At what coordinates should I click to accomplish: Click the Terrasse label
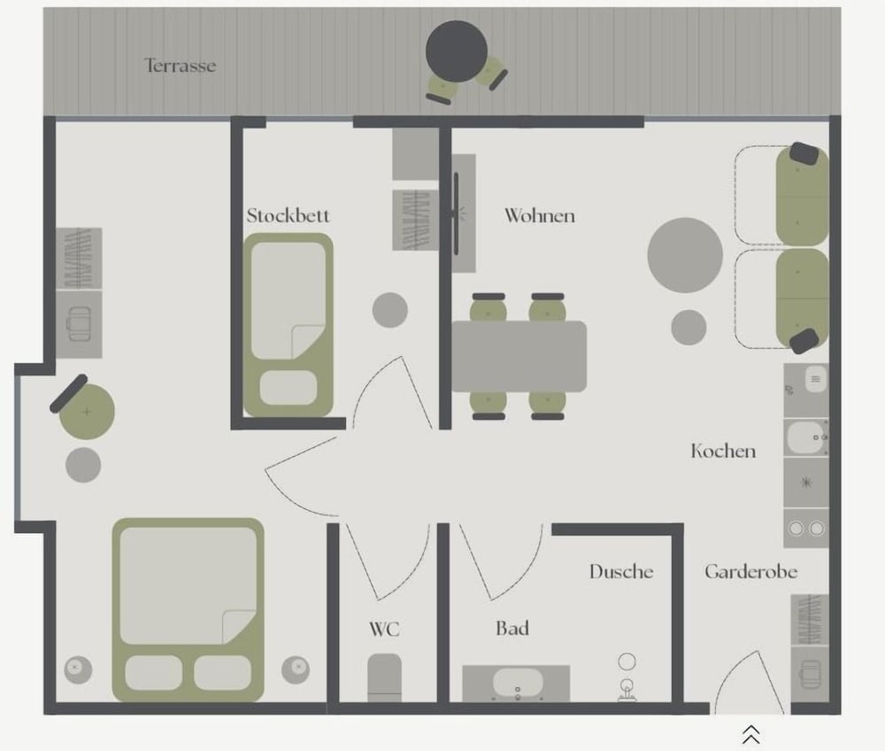180,66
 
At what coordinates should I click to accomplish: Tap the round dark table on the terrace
456,51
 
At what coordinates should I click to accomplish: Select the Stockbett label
288,215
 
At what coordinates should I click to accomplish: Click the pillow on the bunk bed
289,387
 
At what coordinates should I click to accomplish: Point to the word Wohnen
540,215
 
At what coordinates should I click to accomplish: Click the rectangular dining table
519,356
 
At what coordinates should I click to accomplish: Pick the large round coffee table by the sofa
685,255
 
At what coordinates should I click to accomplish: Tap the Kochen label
723,451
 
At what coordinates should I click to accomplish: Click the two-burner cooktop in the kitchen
806,528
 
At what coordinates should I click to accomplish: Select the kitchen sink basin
806,437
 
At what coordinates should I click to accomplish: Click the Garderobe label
750,571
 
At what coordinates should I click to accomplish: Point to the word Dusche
621,571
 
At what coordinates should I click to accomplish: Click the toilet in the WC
384,677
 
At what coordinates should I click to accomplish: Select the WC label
384,629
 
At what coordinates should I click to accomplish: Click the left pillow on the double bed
153,672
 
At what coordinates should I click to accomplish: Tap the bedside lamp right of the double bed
296,670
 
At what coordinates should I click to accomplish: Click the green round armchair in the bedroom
87,411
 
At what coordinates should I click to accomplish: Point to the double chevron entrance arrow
750,735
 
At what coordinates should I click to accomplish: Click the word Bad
512,629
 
